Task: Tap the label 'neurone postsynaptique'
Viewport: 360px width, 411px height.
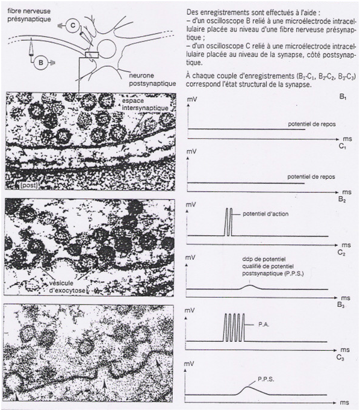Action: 152,79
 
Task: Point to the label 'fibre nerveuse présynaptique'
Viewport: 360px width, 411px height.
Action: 29,15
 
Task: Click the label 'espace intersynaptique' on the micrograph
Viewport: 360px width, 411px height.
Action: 145,104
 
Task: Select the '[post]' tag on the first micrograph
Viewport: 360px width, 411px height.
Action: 29,185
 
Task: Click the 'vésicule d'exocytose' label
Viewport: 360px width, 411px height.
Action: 67,287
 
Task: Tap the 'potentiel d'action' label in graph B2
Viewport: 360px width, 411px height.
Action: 265,214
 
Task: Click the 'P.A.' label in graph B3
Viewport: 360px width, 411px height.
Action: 264,324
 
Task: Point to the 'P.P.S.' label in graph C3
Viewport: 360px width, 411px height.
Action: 265,379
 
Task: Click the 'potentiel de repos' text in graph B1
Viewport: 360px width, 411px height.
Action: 312,124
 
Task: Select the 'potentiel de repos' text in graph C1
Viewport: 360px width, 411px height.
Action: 311,177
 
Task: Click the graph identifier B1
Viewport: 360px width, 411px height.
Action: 343,96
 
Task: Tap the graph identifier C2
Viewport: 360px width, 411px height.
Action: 341,253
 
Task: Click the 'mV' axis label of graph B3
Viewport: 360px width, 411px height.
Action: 190,311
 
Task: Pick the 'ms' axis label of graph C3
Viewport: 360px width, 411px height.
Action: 344,403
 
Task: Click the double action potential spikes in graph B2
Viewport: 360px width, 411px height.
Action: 228,222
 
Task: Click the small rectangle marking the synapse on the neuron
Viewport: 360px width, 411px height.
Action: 92,55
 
